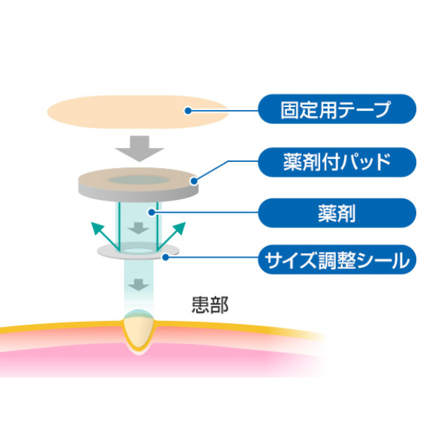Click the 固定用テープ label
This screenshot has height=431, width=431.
(337, 109)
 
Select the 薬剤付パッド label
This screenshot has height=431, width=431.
(337, 162)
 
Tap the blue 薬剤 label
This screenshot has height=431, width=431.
(337, 213)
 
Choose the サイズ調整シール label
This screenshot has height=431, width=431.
(337, 260)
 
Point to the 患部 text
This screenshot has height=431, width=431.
(210, 305)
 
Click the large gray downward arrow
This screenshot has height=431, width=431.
(140, 149)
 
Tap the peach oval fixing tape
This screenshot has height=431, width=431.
(138, 112)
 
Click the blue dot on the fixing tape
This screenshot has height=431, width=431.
(188, 111)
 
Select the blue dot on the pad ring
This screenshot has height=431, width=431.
(195, 181)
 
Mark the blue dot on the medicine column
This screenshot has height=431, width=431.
(152, 212)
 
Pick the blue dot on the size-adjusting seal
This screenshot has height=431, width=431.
(165, 257)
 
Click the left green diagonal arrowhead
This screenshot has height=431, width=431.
(97, 228)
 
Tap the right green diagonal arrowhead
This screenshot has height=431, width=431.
(179, 228)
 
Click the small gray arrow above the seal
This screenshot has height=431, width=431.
(138, 228)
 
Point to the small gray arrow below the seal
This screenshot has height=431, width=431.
(138, 285)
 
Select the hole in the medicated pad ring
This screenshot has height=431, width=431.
(138, 180)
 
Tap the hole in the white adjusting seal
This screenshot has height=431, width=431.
(138, 250)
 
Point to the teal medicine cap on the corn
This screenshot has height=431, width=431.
(138, 314)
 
